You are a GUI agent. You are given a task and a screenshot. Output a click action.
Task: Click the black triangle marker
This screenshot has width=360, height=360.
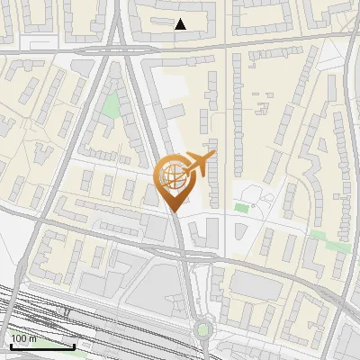181,24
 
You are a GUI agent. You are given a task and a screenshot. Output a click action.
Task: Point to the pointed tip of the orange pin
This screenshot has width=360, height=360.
172,211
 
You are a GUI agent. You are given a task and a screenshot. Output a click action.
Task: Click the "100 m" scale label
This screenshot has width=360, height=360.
24,339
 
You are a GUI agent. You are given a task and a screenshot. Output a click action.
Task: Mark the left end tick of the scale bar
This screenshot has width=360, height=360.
10,346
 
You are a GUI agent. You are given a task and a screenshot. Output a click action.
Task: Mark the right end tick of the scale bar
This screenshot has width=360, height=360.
75,346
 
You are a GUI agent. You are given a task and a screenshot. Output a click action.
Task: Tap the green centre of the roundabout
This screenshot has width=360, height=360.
203,329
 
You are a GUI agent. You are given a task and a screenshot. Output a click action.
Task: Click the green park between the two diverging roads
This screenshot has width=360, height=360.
111,106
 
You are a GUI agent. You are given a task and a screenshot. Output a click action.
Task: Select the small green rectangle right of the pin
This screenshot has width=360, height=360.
241,208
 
